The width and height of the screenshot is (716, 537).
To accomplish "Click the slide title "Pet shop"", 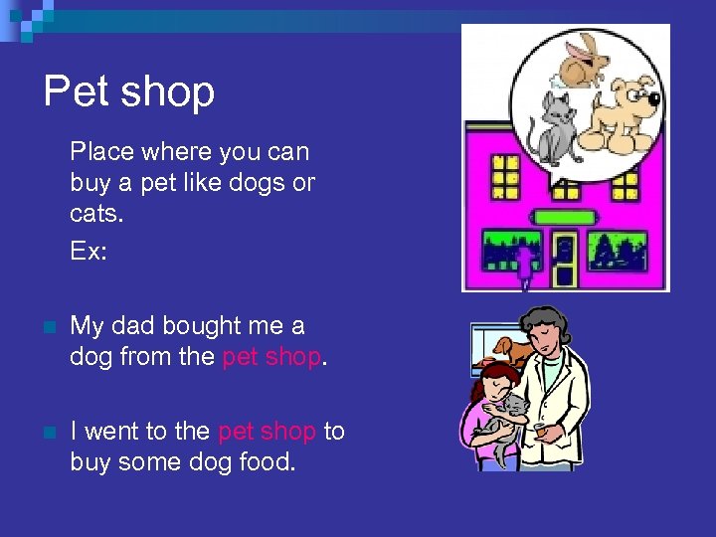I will click(x=129, y=91).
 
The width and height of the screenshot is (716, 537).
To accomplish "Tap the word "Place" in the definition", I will click(x=99, y=152).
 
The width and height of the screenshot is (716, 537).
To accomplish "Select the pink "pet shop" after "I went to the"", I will click(x=267, y=431).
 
